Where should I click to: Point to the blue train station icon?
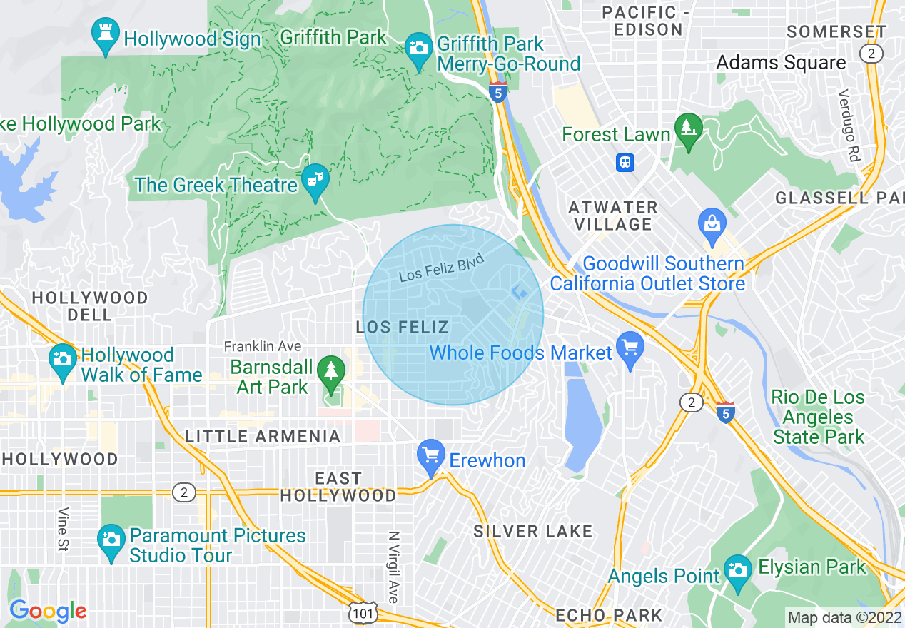[x=625, y=163]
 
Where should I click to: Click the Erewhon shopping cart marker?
[x=430, y=457]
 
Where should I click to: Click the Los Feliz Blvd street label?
[x=441, y=267]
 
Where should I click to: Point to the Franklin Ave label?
[x=262, y=346]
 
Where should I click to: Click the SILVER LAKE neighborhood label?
[x=533, y=531]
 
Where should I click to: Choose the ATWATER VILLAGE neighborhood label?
[x=612, y=216]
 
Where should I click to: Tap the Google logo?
[x=49, y=611]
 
